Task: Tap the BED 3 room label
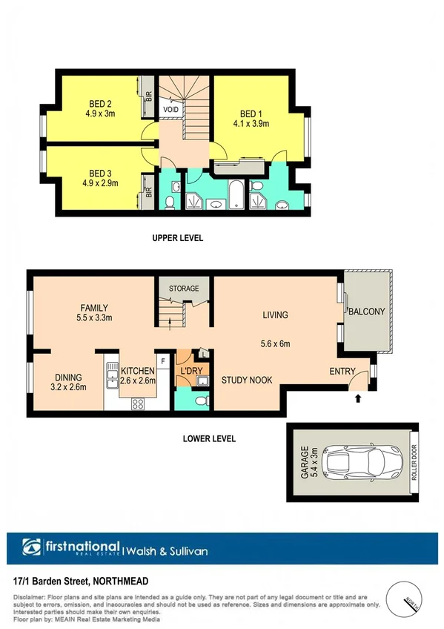pos(99,172)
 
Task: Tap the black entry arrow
pos(359,398)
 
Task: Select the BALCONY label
pos(367,312)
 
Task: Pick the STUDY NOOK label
pos(246,380)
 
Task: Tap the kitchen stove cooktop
pos(137,404)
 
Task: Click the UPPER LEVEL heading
pos(177,238)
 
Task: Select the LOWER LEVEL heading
pos(209,438)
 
